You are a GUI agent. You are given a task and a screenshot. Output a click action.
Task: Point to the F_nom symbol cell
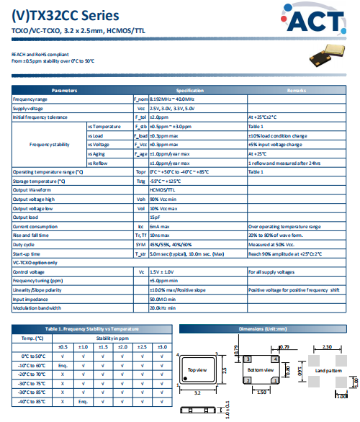[x=141, y=99]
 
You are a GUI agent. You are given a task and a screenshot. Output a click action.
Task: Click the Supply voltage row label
[x=29, y=108]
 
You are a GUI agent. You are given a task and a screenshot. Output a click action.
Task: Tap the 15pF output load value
[x=155, y=217]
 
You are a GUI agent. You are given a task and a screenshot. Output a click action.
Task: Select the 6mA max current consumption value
[x=160, y=226]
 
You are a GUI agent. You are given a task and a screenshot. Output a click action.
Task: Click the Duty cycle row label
[x=24, y=244]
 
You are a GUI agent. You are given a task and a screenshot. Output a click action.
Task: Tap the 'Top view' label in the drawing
[x=197, y=370]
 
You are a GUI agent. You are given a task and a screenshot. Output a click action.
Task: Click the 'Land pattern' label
[x=329, y=370]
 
